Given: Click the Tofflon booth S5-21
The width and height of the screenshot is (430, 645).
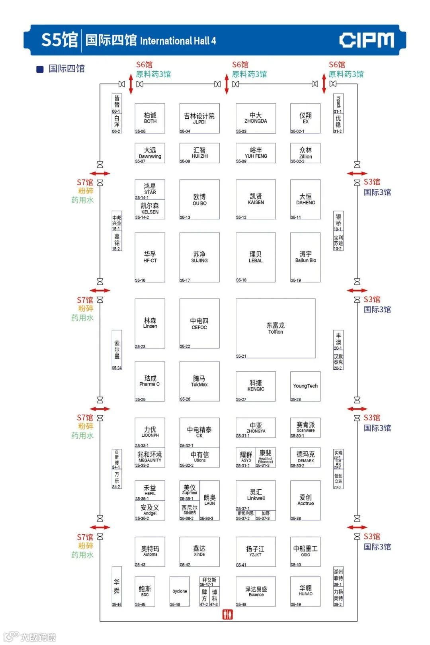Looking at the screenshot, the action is (276, 328).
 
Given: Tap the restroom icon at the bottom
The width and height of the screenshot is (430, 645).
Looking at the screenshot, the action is (227, 614).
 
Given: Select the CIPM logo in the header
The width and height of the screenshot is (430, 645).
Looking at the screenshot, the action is (367, 40).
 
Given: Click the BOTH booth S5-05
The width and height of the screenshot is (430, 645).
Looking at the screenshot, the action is (150, 118).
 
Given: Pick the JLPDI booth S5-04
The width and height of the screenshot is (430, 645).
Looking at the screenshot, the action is (199, 118).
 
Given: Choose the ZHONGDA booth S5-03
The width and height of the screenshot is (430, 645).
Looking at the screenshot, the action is (256, 118).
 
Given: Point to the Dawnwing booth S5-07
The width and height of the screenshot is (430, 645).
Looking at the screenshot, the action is (150, 153).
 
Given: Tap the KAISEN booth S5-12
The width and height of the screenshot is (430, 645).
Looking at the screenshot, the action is (256, 199).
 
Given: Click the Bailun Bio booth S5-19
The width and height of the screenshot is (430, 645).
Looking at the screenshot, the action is (305, 257).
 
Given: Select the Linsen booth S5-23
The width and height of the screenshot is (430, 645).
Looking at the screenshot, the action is (150, 323).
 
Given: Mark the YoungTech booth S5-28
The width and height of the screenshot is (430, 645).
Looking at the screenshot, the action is (305, 386).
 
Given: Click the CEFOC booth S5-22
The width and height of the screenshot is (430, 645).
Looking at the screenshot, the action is (199, 323).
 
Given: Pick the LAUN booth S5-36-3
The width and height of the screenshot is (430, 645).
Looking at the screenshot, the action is (209, 500).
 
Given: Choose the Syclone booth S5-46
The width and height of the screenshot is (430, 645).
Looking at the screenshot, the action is (180, 591).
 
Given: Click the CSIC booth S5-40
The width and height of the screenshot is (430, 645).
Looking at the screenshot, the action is (305, 551).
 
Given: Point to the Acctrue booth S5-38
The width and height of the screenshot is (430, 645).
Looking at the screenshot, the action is (305, 500).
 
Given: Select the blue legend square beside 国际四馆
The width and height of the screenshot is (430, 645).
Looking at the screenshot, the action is (40, 69).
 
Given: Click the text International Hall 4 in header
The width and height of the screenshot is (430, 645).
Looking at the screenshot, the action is (178, 41).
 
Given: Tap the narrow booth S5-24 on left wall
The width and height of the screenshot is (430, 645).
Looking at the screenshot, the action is (117, 350).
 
